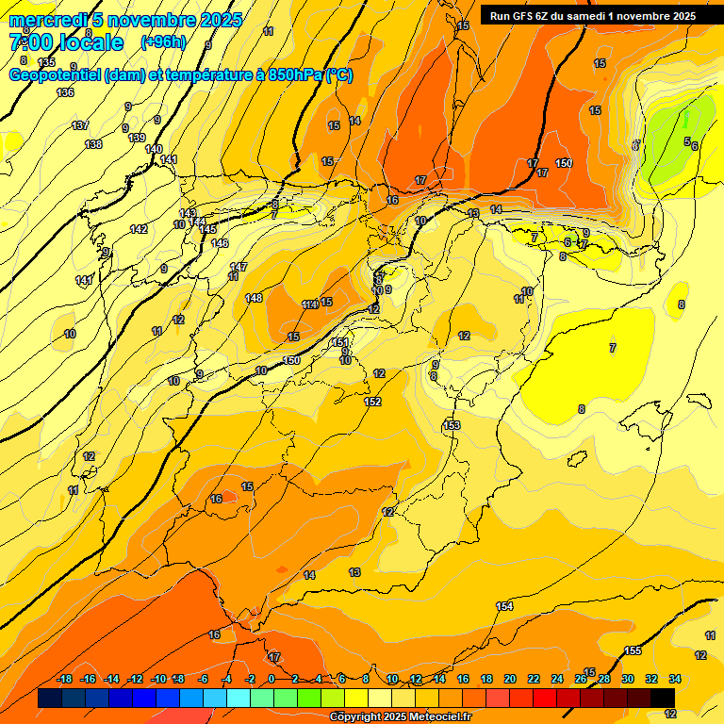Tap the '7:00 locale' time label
tap(66, 42)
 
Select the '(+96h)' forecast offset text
tap(163, 42)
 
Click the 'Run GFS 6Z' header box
tap(592, 16)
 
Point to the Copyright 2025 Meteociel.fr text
tap(401, 716)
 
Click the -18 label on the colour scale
tap(65, 680)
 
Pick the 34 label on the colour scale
tap(674, 680)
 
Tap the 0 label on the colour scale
tap(271, 680)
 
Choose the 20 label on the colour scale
tap(510, 680)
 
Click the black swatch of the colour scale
tap(663, 698)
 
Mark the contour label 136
tap(65, 92)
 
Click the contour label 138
tap(93, 144)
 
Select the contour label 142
tap(139, 229)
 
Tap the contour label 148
tap(254, 298)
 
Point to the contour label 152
tap(372, 402)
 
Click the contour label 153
tap(452, 426)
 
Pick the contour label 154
tap(504, 606)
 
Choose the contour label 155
tap(633, 650)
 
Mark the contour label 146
tap(220, 243)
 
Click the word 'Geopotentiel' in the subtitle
tap(56, 75)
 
